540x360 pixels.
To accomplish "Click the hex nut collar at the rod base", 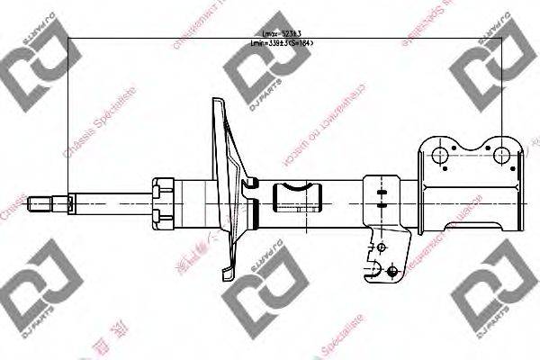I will pos(164,202).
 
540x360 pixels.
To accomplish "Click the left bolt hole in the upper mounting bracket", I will pos(440,156).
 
